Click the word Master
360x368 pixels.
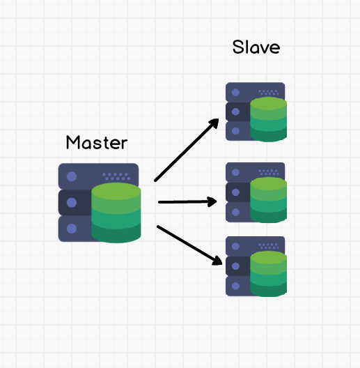coord(97,142)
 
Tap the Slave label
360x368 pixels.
coord(256,47)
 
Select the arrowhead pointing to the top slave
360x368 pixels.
coord(214,123)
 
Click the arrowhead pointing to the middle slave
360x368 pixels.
coord(212,202)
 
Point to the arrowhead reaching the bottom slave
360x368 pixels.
coord(217,261)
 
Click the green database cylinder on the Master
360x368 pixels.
coord(116,213)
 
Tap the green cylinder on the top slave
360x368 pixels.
coord(269,119)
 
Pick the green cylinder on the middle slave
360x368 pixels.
coord(269,200)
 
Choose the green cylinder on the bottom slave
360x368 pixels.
coord(269,274)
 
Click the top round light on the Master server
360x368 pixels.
coord(72,176)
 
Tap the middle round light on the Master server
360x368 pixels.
coord(72,203)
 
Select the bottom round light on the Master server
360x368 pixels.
coord(72,229)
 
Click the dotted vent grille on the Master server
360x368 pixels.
coord(116,176)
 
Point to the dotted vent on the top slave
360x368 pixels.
coord(269,93)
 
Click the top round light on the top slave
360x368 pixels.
coord(235,93)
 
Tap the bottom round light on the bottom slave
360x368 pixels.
coord(235,286)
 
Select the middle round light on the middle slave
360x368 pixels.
coord(235,192)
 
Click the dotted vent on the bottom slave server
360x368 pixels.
coord(269,246)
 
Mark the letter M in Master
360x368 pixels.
coord(73,142)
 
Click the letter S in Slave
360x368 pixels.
coord(238,47)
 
